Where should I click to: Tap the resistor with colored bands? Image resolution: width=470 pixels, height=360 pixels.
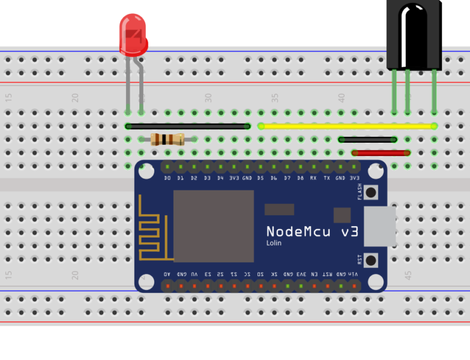[167, 139]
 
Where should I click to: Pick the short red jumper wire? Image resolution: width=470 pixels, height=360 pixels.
[381, 153]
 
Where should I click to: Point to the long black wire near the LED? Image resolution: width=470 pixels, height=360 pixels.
[188, 126]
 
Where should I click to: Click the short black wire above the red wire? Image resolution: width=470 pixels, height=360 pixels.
[367, 139]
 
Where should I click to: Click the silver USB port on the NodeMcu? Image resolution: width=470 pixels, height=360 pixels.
[379, 226]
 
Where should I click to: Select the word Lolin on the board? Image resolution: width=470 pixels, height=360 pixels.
[274, 243]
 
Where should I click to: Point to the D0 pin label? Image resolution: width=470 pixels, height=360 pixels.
[167, 178]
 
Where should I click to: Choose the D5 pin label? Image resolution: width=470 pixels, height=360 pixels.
[261, 178]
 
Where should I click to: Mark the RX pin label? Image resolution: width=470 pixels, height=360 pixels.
[313, 178]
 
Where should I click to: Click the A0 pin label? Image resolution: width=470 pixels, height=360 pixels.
[167, 274]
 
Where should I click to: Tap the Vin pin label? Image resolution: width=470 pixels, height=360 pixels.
[354, 274]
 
